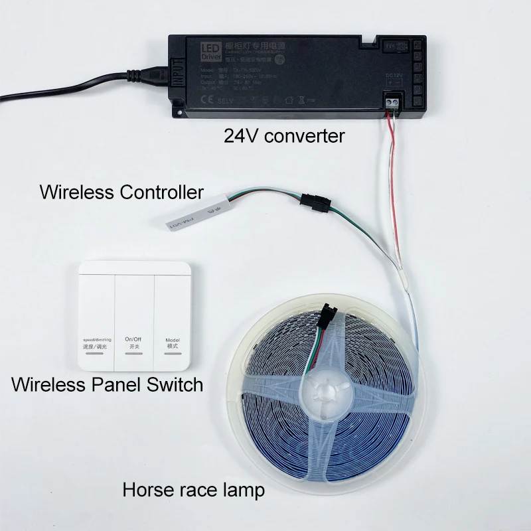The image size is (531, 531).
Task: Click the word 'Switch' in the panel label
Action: [x=174, y=384]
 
